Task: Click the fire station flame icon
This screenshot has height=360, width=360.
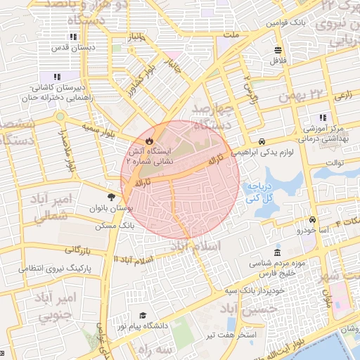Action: (x=129, y=141)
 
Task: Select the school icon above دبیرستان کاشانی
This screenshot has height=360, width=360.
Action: (x=56, y=77)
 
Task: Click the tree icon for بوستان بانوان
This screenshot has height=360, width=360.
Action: (x=111, y=198)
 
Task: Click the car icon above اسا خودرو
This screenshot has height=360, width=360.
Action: (x=312, y=219)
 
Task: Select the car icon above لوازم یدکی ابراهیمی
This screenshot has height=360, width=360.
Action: (x=262, y=140)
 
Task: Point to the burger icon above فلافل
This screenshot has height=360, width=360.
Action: (x=278, y=50)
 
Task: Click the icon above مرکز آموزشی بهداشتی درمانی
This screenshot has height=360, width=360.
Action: (x=323, y=117)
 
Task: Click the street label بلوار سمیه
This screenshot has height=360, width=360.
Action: (x=98, y=129)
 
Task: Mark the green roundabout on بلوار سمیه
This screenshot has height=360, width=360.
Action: (x=61, y=116)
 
